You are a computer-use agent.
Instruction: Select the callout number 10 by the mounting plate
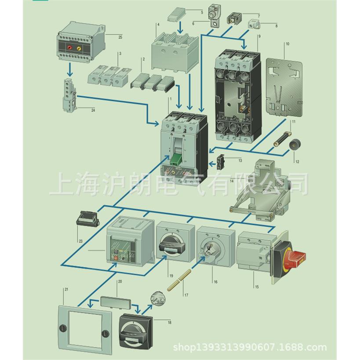(287, 44)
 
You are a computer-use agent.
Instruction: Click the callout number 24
(93, 110)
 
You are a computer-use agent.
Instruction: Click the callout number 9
(259, 36)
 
